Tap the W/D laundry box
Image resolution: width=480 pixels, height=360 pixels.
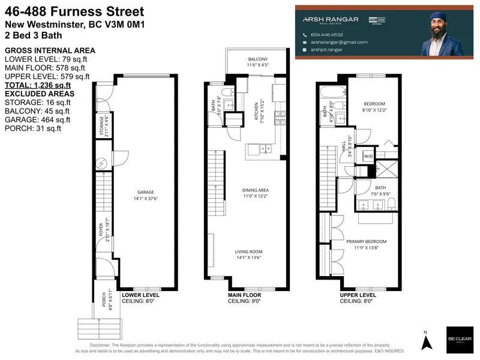coord(368,157)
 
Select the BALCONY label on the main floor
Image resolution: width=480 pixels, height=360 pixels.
coord(258,59)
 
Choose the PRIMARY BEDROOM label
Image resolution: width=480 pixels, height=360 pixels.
coord(366,241)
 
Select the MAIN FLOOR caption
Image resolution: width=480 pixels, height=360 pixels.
coord(246,296)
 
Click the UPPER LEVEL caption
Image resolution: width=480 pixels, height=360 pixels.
coord(358,296)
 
